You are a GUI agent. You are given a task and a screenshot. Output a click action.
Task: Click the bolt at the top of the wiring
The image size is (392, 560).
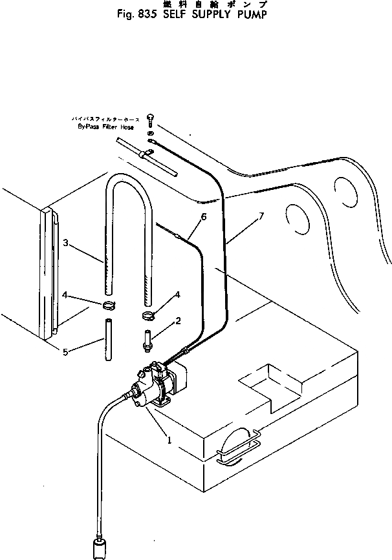(x=150, y=119)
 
